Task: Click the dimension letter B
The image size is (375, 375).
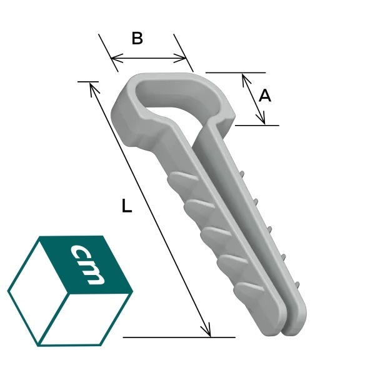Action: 137,39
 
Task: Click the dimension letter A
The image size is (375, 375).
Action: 265,96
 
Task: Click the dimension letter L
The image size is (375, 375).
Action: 126,206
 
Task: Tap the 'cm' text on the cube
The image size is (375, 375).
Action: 87,264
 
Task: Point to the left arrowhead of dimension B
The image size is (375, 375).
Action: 116,58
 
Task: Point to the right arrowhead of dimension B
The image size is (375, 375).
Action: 180,58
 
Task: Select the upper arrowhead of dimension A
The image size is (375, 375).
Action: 246,79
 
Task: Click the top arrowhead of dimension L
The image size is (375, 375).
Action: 93,89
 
